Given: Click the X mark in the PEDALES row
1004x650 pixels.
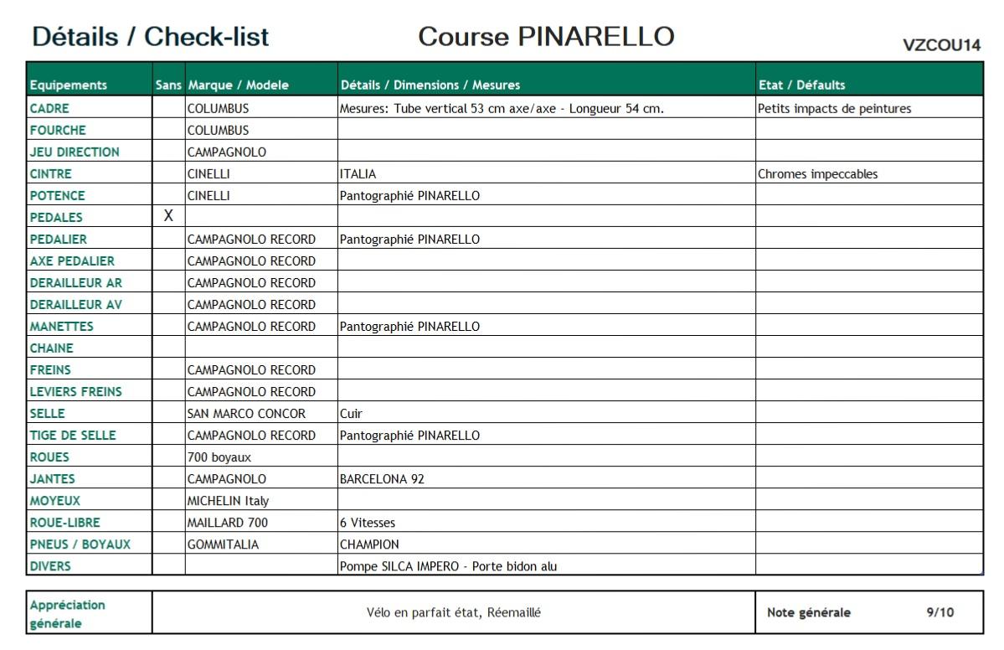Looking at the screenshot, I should [168, 216].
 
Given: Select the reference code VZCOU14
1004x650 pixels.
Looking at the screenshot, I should [941, 45].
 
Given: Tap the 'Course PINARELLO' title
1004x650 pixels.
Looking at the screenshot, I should [546, 37].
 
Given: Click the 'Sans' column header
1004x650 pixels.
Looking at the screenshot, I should [167, 85].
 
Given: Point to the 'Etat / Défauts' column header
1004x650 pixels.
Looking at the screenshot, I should [801, 85].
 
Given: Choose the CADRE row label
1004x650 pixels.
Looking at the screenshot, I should [49, 108].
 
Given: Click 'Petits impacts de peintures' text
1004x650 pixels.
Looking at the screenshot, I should [834, 108].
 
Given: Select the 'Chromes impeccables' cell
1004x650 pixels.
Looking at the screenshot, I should [818, 174].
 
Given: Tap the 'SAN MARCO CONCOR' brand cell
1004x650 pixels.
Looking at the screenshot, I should [246, 414].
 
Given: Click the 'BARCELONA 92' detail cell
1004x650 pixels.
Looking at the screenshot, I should [376, 479].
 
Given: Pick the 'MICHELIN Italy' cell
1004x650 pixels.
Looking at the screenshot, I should [228, 501].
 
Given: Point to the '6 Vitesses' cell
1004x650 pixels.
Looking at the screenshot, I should [367, 523].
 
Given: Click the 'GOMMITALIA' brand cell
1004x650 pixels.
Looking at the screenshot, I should [223, 544].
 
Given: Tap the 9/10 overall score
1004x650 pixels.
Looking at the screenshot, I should [940, 612].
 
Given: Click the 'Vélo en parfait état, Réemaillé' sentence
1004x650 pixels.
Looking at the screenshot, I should [454, 612].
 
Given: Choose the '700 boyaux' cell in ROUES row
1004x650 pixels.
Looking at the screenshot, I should [219, 457].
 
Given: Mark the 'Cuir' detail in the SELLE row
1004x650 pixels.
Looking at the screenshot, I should [351, 414].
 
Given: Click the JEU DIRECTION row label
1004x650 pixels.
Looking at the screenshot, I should [75, 152].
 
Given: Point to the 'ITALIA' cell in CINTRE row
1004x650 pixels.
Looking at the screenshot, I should [358, 174].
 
